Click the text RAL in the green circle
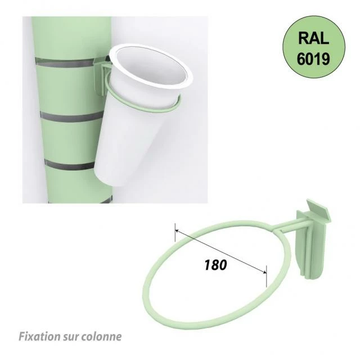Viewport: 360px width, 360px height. click(314, 38)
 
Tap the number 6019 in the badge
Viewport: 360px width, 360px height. click(313, 58)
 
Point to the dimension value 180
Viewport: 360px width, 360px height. click(215, 265)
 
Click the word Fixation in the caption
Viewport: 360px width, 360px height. click(39, 336)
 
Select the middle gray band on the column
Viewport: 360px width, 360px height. click(71, 116)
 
